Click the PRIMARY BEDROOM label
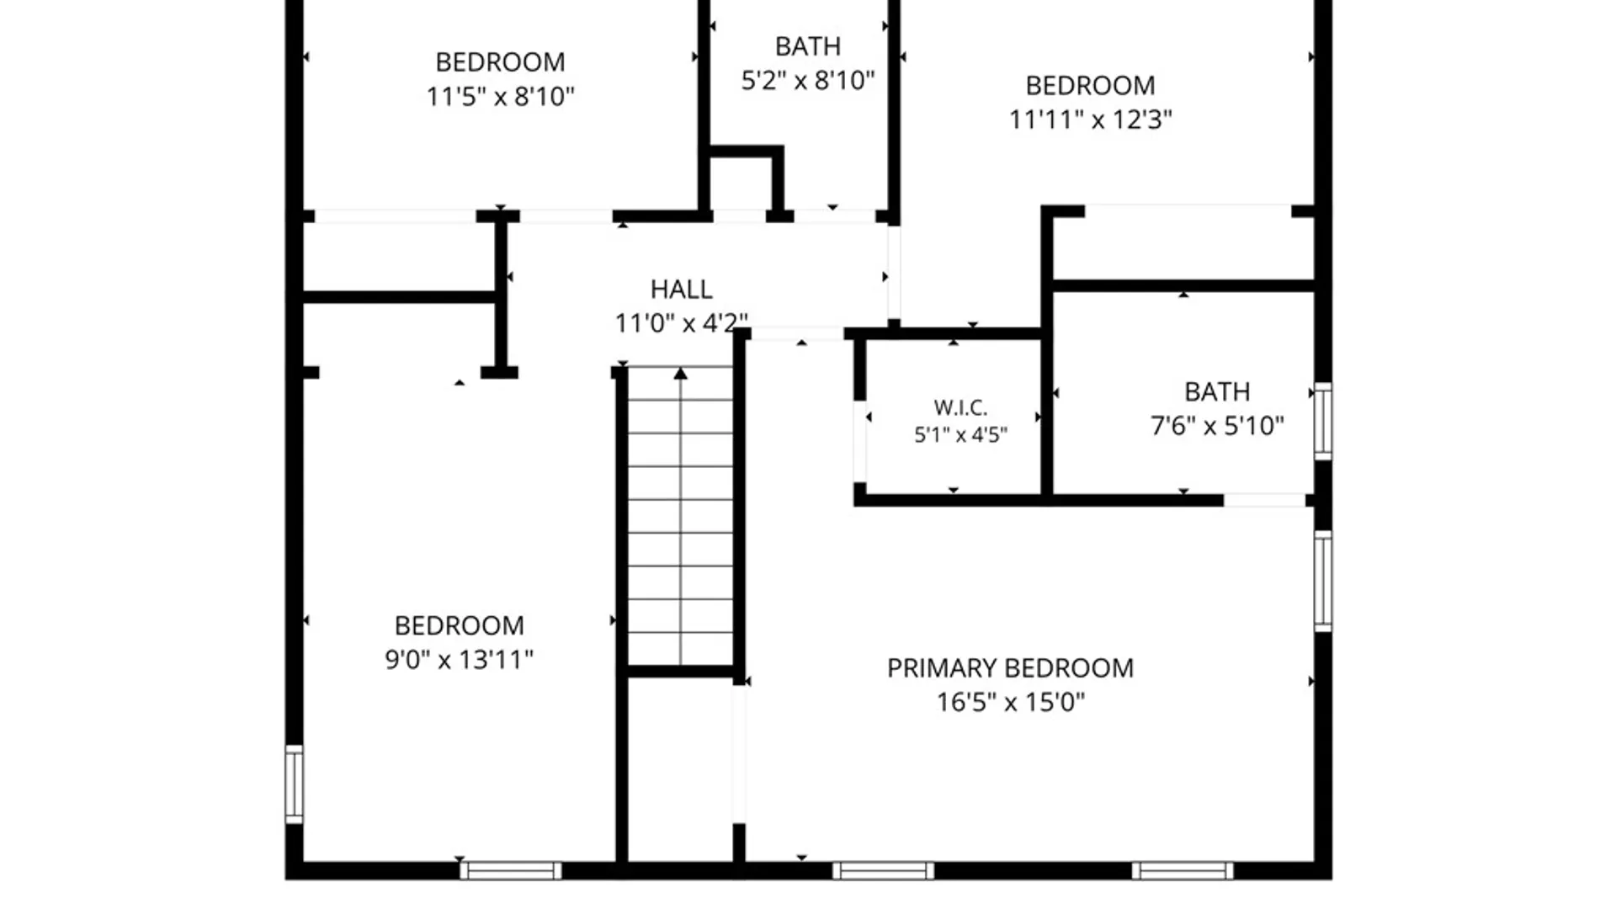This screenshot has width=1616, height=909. click(x=1010, y=668)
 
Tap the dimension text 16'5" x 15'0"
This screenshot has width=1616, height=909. click(x=1011, y=702)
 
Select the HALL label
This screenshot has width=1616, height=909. click(x=682, y=290)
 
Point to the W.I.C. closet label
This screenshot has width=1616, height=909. click(x=960, y=408)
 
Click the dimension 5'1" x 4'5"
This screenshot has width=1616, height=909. click(x=960, y=435)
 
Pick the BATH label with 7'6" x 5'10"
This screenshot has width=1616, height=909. click(x=1217, y=392)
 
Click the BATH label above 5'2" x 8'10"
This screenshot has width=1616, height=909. click(x=808, y=46)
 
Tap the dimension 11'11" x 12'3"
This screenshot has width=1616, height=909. click(x=1090, y=120)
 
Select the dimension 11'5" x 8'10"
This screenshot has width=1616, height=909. click(x=500, y=97)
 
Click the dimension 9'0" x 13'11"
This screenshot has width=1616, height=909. click(x=459, y=659)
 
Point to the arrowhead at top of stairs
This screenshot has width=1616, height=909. click(x=680, y=373)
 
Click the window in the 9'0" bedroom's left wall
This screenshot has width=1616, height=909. click(x=294, y=784)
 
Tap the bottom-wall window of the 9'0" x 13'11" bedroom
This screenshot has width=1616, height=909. click(x=511, y=871)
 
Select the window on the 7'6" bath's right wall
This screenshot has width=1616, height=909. click(x=1323, y=422)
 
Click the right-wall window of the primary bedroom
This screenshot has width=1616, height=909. click(x=1323, y=581)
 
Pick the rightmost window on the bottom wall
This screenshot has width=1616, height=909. click(x=1183, y=871)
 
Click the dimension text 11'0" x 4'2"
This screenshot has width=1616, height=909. click(x=682, y=323)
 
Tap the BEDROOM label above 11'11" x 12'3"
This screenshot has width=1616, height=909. click(x=1090, y=86)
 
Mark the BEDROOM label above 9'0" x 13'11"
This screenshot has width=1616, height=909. click(x=459, y=626)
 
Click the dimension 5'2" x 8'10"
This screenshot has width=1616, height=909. click(x=808, y=81)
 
